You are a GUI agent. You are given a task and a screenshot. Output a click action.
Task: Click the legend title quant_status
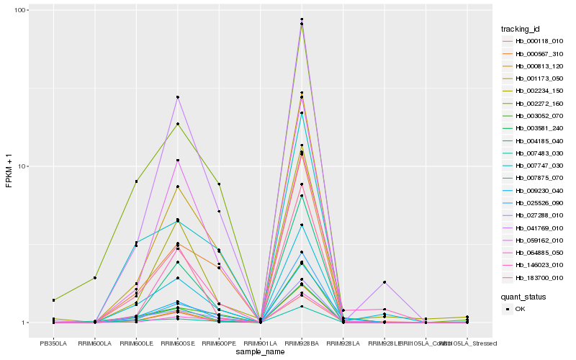524,295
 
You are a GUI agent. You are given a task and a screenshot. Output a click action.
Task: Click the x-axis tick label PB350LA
53,343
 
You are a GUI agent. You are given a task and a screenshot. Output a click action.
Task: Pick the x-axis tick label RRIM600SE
177,343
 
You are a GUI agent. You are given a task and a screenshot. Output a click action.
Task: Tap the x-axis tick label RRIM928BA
302,343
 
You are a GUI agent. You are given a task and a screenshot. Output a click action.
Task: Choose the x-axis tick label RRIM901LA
260,343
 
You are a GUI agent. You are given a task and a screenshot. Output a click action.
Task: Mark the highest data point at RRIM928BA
302,19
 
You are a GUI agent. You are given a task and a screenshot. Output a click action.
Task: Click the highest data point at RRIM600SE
177,97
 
